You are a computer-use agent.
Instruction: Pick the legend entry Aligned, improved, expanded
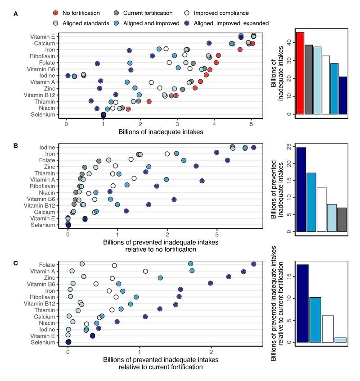coord(189,23)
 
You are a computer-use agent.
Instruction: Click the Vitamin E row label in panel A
coord(43,36)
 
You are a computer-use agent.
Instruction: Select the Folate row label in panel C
coord(47,264)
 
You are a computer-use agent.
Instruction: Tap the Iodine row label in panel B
coord(47,147)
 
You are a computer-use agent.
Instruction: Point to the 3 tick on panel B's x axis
coord(217,234)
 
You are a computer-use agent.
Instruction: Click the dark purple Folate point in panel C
coord(254,264)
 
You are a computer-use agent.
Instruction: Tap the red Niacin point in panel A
coord(128,109)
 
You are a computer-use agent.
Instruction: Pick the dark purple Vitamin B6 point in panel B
coord(174,199)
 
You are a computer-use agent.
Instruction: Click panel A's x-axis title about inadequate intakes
coord(161,132)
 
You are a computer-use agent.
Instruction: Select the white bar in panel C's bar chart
coord(328,329)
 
